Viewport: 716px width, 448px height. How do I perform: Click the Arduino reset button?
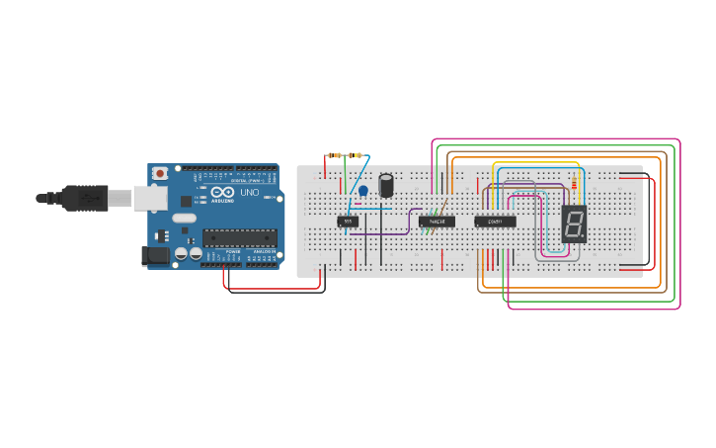[160, 173]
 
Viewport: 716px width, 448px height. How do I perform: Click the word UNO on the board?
[249, 193]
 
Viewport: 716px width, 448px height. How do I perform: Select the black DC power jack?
[156, 255]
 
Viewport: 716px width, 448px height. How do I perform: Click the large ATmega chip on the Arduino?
[239, 237]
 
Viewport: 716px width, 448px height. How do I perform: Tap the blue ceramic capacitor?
[362, 190]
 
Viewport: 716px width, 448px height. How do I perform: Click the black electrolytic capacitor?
[388, 184]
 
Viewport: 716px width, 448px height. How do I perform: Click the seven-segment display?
[574, 224]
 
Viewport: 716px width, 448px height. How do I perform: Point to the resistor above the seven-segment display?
[576, 186]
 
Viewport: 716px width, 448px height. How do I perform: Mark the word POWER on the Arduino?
[233, 252]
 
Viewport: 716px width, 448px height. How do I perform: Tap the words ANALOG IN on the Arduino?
[264, 252]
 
